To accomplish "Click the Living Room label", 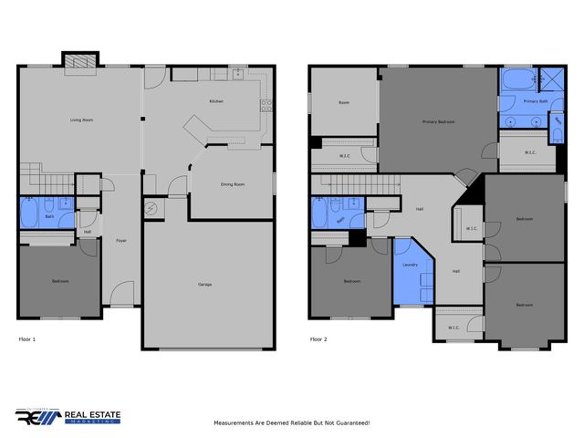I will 82,120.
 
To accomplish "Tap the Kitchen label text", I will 216,101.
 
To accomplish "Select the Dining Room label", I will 233,185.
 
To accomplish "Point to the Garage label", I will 205,285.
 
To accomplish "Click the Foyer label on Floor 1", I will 120,240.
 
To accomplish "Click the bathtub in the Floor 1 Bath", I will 29,216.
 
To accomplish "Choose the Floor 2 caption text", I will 318,339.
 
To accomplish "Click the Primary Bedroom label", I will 438,121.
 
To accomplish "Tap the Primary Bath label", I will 536,101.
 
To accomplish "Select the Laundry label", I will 410,265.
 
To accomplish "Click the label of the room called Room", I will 344,102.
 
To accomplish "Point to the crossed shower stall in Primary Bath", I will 550,78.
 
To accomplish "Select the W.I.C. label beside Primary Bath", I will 530,152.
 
